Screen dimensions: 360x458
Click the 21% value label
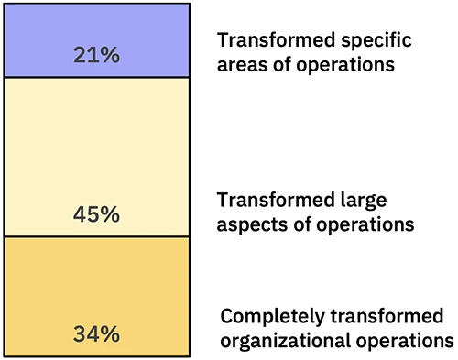click(x=96, y=56)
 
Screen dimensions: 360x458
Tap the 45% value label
click(x=96, y=215)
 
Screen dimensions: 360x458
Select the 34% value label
click(x=96, y=333)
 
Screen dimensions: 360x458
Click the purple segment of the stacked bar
click(x=96, y=27)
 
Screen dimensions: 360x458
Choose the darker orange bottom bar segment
click(x=96, y=284)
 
